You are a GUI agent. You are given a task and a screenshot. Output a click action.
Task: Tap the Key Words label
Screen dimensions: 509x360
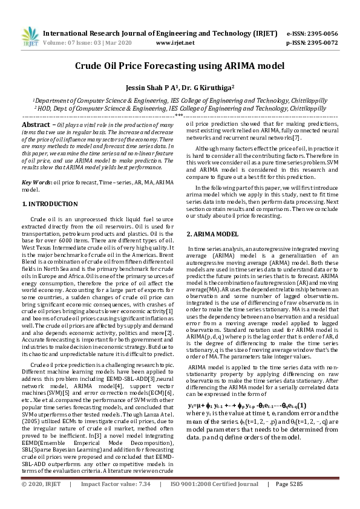[x=36, y=182]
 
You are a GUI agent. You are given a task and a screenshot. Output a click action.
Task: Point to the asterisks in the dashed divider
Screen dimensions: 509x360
[x=180, y=114]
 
